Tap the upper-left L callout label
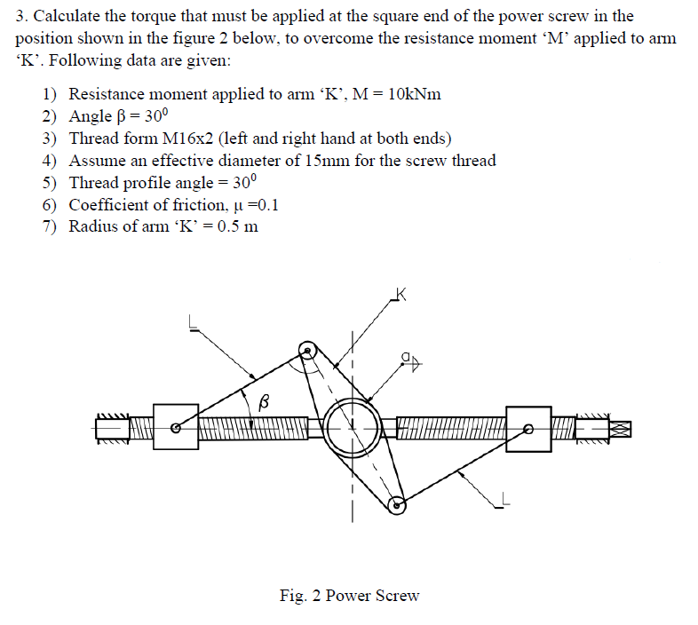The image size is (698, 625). (x=191, y=324)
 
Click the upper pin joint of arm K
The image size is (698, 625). (x=307, y=351)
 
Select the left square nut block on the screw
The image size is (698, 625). (x=175, y=427)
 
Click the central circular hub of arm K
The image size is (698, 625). (x=352, y=427)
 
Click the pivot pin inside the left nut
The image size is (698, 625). (x=177, y=429)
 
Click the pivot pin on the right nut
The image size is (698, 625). (x=528, y=429)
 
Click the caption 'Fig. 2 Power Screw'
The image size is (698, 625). (x=349, y=596)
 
